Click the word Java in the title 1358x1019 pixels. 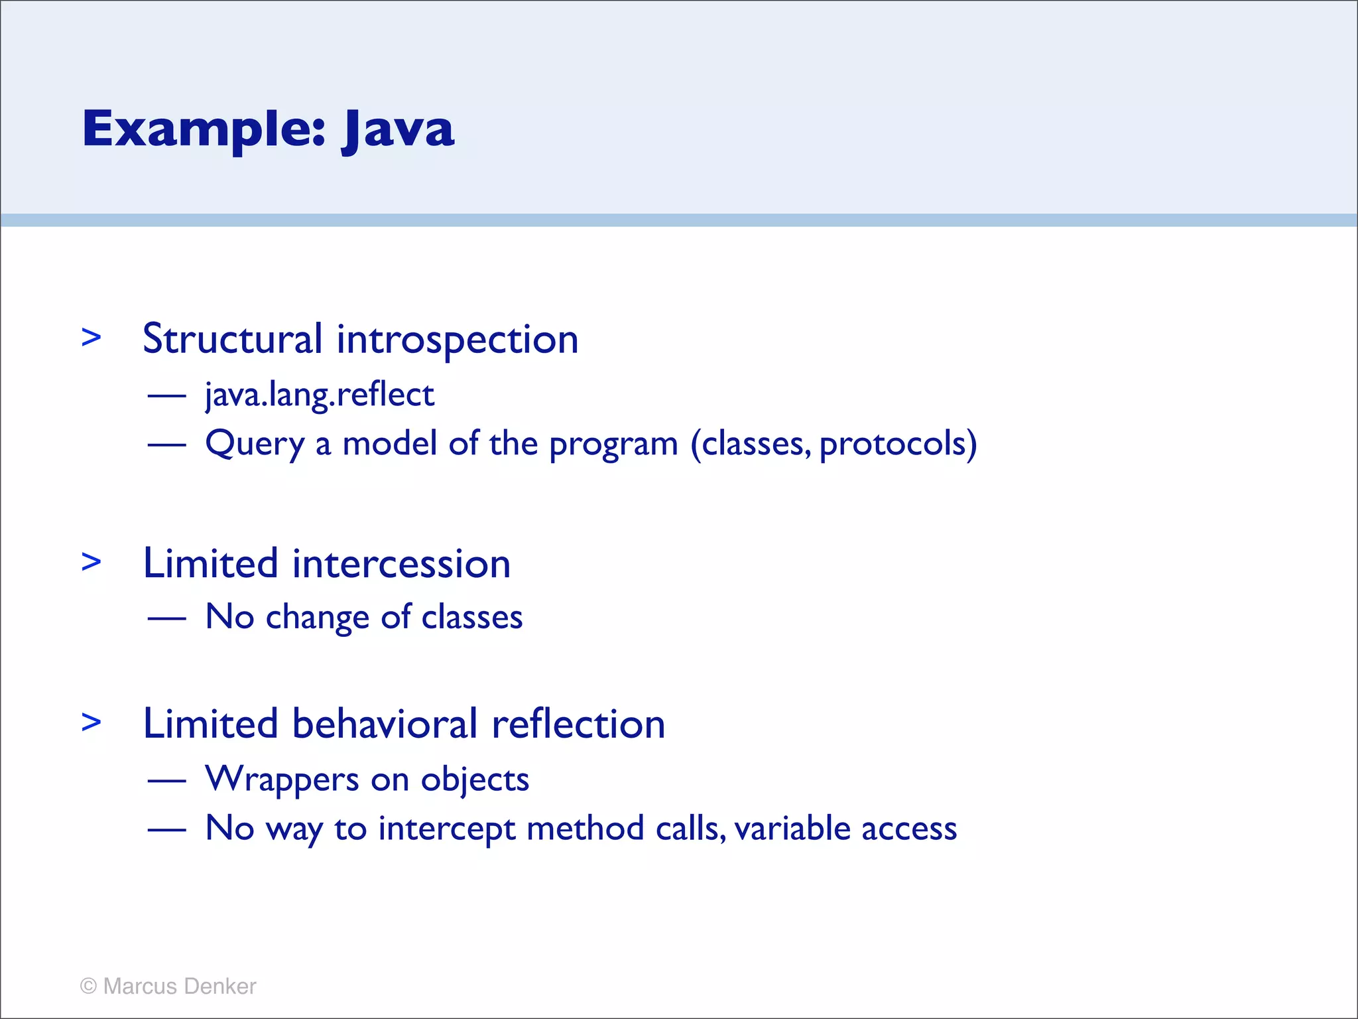(x=398, y=129)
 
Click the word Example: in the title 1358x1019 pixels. (x=204, y=129)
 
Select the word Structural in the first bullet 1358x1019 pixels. (x=232, y=339)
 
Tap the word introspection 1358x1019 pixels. (x=457, y=340)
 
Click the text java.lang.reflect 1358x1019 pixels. (x=320, y=395)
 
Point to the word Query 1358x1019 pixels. (x=254, y=444)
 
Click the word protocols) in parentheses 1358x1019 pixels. (x=898, y=444)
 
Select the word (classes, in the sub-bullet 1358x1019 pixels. (x=750, y=444)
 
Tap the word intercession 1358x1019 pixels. (x=401, y=564)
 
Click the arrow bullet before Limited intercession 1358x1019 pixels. (x=91, y=562)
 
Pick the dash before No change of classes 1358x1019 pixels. (x=166, y=618)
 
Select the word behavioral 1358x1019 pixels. (x=385, y=724)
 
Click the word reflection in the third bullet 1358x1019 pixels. (x=578, y=724)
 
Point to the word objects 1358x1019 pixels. (x=475, y=780)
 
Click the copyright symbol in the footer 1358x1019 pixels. (x=88, y=986)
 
